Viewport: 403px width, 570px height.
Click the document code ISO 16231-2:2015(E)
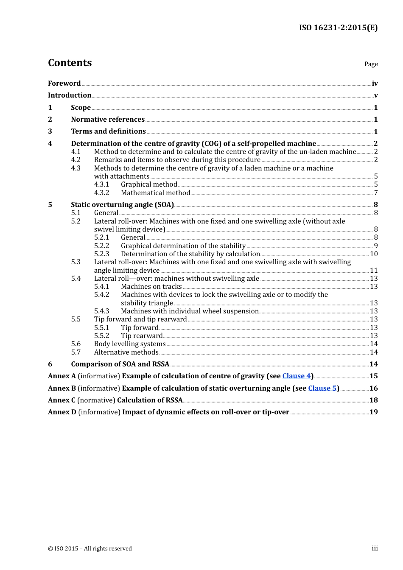[x=338, y=28]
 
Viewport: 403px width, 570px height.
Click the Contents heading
[x=70, y=63]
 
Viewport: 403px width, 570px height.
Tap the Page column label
[x=371, y=64]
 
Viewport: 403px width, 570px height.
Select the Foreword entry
[x=64, y=84]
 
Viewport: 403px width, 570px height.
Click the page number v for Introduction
[x=375, y=95]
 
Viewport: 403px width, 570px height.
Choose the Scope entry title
[x=81, y=108]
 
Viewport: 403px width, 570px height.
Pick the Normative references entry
[x=108, y=120]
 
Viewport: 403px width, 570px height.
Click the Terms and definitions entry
[x=108, y=131]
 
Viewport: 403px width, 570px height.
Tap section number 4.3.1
[x=101, y=184]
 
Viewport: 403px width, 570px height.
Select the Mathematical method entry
[x=155, y=193]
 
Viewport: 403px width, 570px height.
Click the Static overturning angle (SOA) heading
[x=122, y=205]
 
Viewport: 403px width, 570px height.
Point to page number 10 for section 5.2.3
[x=374, y=254]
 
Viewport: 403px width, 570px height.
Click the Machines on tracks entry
[x=151, y=287]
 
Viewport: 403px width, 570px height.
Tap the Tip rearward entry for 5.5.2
[x=142, y=336]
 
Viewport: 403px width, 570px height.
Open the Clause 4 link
[x=297, y=376]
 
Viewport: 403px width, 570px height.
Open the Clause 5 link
[x=322, y=388]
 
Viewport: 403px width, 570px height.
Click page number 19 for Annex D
[x=373, y=412]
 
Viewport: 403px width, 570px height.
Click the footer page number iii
[x=375, y=548]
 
